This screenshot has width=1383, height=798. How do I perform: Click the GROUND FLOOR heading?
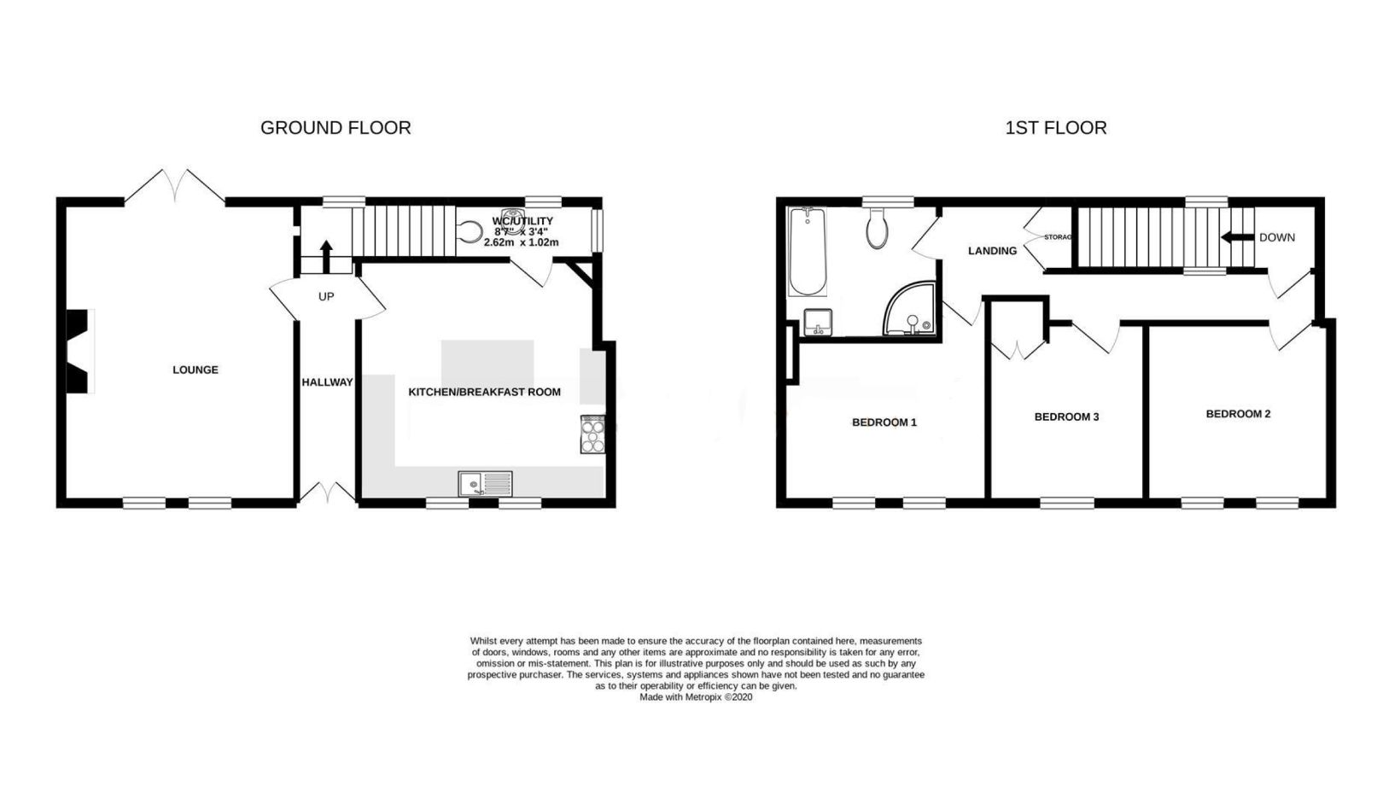pyautogui.click(x=336, y=128)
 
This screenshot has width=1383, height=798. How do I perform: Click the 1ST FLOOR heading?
pyautogui.click(x=1055, y=128)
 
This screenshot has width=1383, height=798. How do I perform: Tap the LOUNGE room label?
pyautogui.click(x=195, y=370)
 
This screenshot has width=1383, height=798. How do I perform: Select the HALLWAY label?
pyautogui.click(x=327, y=382)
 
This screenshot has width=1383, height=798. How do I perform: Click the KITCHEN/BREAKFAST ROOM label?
pyautogui.click(x=484, y=392)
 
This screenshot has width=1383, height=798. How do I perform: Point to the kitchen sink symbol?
pyautogui.click(x=485, y=484)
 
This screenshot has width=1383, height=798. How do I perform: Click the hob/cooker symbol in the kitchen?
pyautogui.click(x=592, y=434)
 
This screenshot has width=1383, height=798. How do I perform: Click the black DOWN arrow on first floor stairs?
pyautogui.click(x=1235, y=237)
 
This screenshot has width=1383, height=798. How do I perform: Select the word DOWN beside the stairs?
pyautogui.click(x=1276, y=237)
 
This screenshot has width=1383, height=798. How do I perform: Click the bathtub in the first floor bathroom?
pyautogui.click(x=808, y=251)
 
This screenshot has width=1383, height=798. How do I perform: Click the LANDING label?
pyautogui.click(x=992, y=251)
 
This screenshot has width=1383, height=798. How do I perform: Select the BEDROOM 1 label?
pyautogui.click(x=884, y=422)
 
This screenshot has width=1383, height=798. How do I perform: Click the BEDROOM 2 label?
pyautogui.click(x=1238, y=414)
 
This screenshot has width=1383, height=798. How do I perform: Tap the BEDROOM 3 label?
pyautogui.click(x=1066, y=416)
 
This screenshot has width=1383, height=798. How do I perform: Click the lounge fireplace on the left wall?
pyautogui.click(x=79, y=350)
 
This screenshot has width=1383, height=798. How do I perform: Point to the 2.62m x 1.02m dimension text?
pyautogui.click(x=521, y=242)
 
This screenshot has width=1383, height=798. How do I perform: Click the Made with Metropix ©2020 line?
pyautogui.click(x=696, y=697)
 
